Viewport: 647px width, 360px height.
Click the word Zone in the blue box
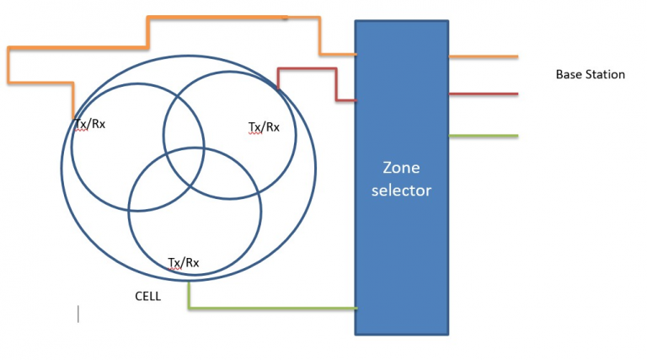pyautogui.click(x=401, y=167)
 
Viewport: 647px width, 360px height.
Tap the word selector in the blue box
pyautogui.click(x=401, y=190)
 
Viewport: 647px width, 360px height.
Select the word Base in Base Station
pyautogui.click(x=569, y=75)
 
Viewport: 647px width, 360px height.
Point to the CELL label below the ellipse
pyautogui.click(x=147, y=297)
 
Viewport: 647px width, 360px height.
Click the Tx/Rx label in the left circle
pyautogui.click(x=90, y=124)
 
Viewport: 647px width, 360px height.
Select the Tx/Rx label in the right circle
pyautogui.click(x=264, y=127)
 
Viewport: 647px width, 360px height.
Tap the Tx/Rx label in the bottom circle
pyautogui.click(x=184, y=262)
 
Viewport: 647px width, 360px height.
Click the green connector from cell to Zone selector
pyautogui.click(x=270, y=308)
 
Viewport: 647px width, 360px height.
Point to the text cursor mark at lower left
pyautogui.click(x=78, y=314)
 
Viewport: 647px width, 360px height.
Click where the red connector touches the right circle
pyautogui.click(x=278, y=87)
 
